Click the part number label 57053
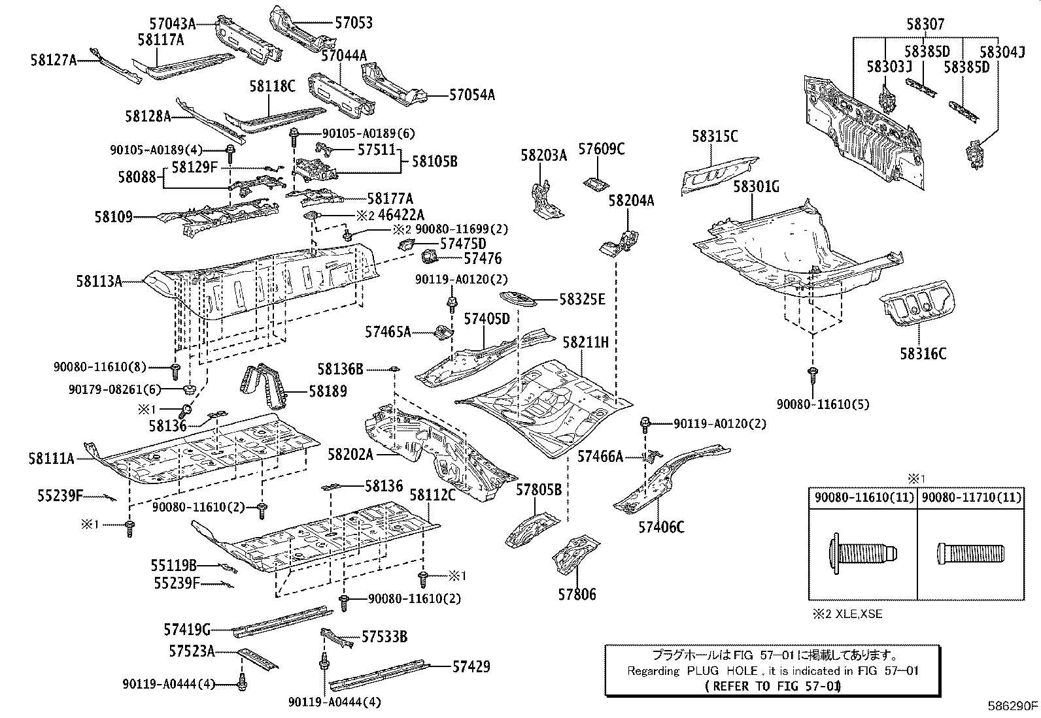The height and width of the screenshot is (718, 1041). [x=354, y=22]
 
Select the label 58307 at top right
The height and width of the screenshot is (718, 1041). [x=925, y=24]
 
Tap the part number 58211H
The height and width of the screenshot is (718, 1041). [x=586, y=342]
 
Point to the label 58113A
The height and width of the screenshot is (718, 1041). [x=99, y=281]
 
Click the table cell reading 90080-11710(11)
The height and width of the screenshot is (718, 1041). [x=971, y=497]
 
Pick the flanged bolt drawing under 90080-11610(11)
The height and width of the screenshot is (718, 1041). [x=863, y=553]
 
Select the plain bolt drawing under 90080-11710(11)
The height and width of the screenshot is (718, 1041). [x=970, y=553]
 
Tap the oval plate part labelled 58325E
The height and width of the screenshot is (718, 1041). [x=518, y=299]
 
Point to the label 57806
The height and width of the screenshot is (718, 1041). [x=577, y=594]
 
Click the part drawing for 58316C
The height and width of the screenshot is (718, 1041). [x=917, y=303]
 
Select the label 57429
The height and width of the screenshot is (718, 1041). [x=471, y=666]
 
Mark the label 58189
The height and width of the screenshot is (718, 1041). [x=328, y=391]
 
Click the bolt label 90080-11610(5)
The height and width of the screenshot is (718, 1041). [x=823, y=404]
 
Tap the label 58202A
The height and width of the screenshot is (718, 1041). [x=350, y=454]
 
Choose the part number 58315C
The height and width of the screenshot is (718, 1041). [x=715, y=136]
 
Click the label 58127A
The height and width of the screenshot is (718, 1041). [x=54, y=60]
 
